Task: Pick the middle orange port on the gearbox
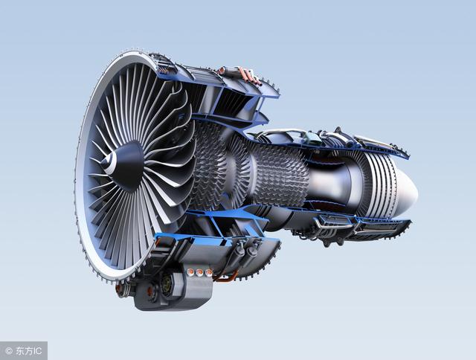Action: click(200, 272)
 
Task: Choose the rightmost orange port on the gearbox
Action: click(209, 272)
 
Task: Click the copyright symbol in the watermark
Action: click(9, 351)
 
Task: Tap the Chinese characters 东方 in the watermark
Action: click(24, 351)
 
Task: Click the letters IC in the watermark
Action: click(36, 351)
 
